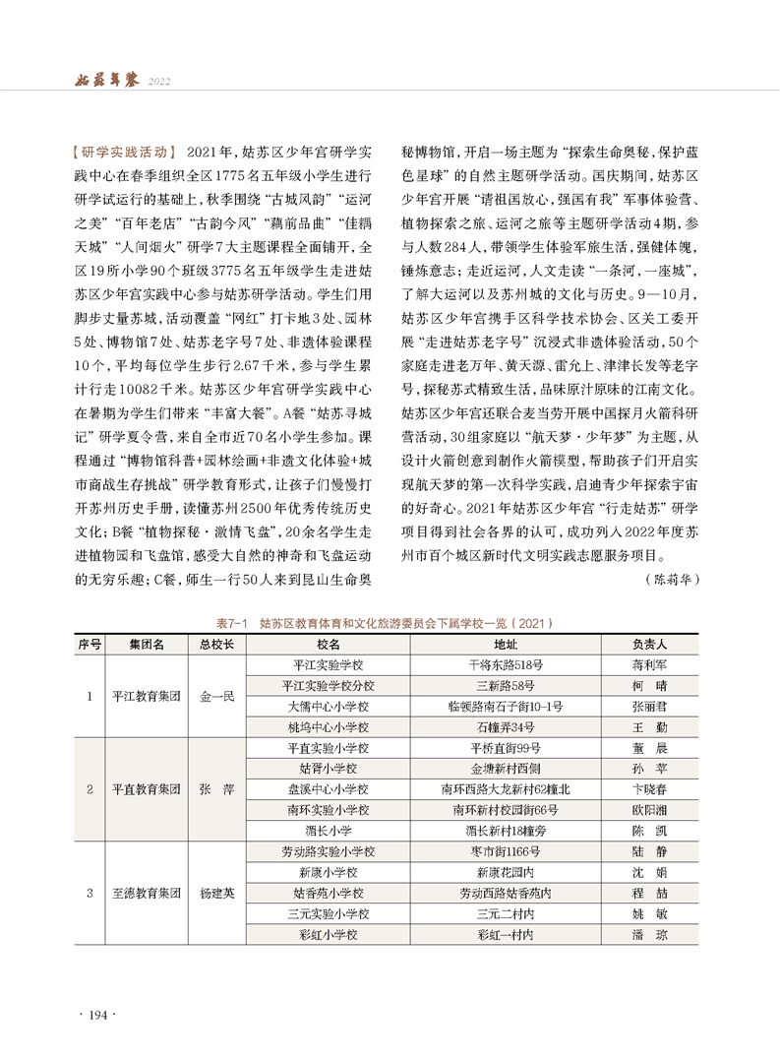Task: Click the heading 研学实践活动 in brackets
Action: [x=126, y=154]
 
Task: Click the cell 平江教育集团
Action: [x=147, y=696]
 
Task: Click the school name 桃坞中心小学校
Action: [x=329, y=727]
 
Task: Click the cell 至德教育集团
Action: [x=147, y=893]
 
